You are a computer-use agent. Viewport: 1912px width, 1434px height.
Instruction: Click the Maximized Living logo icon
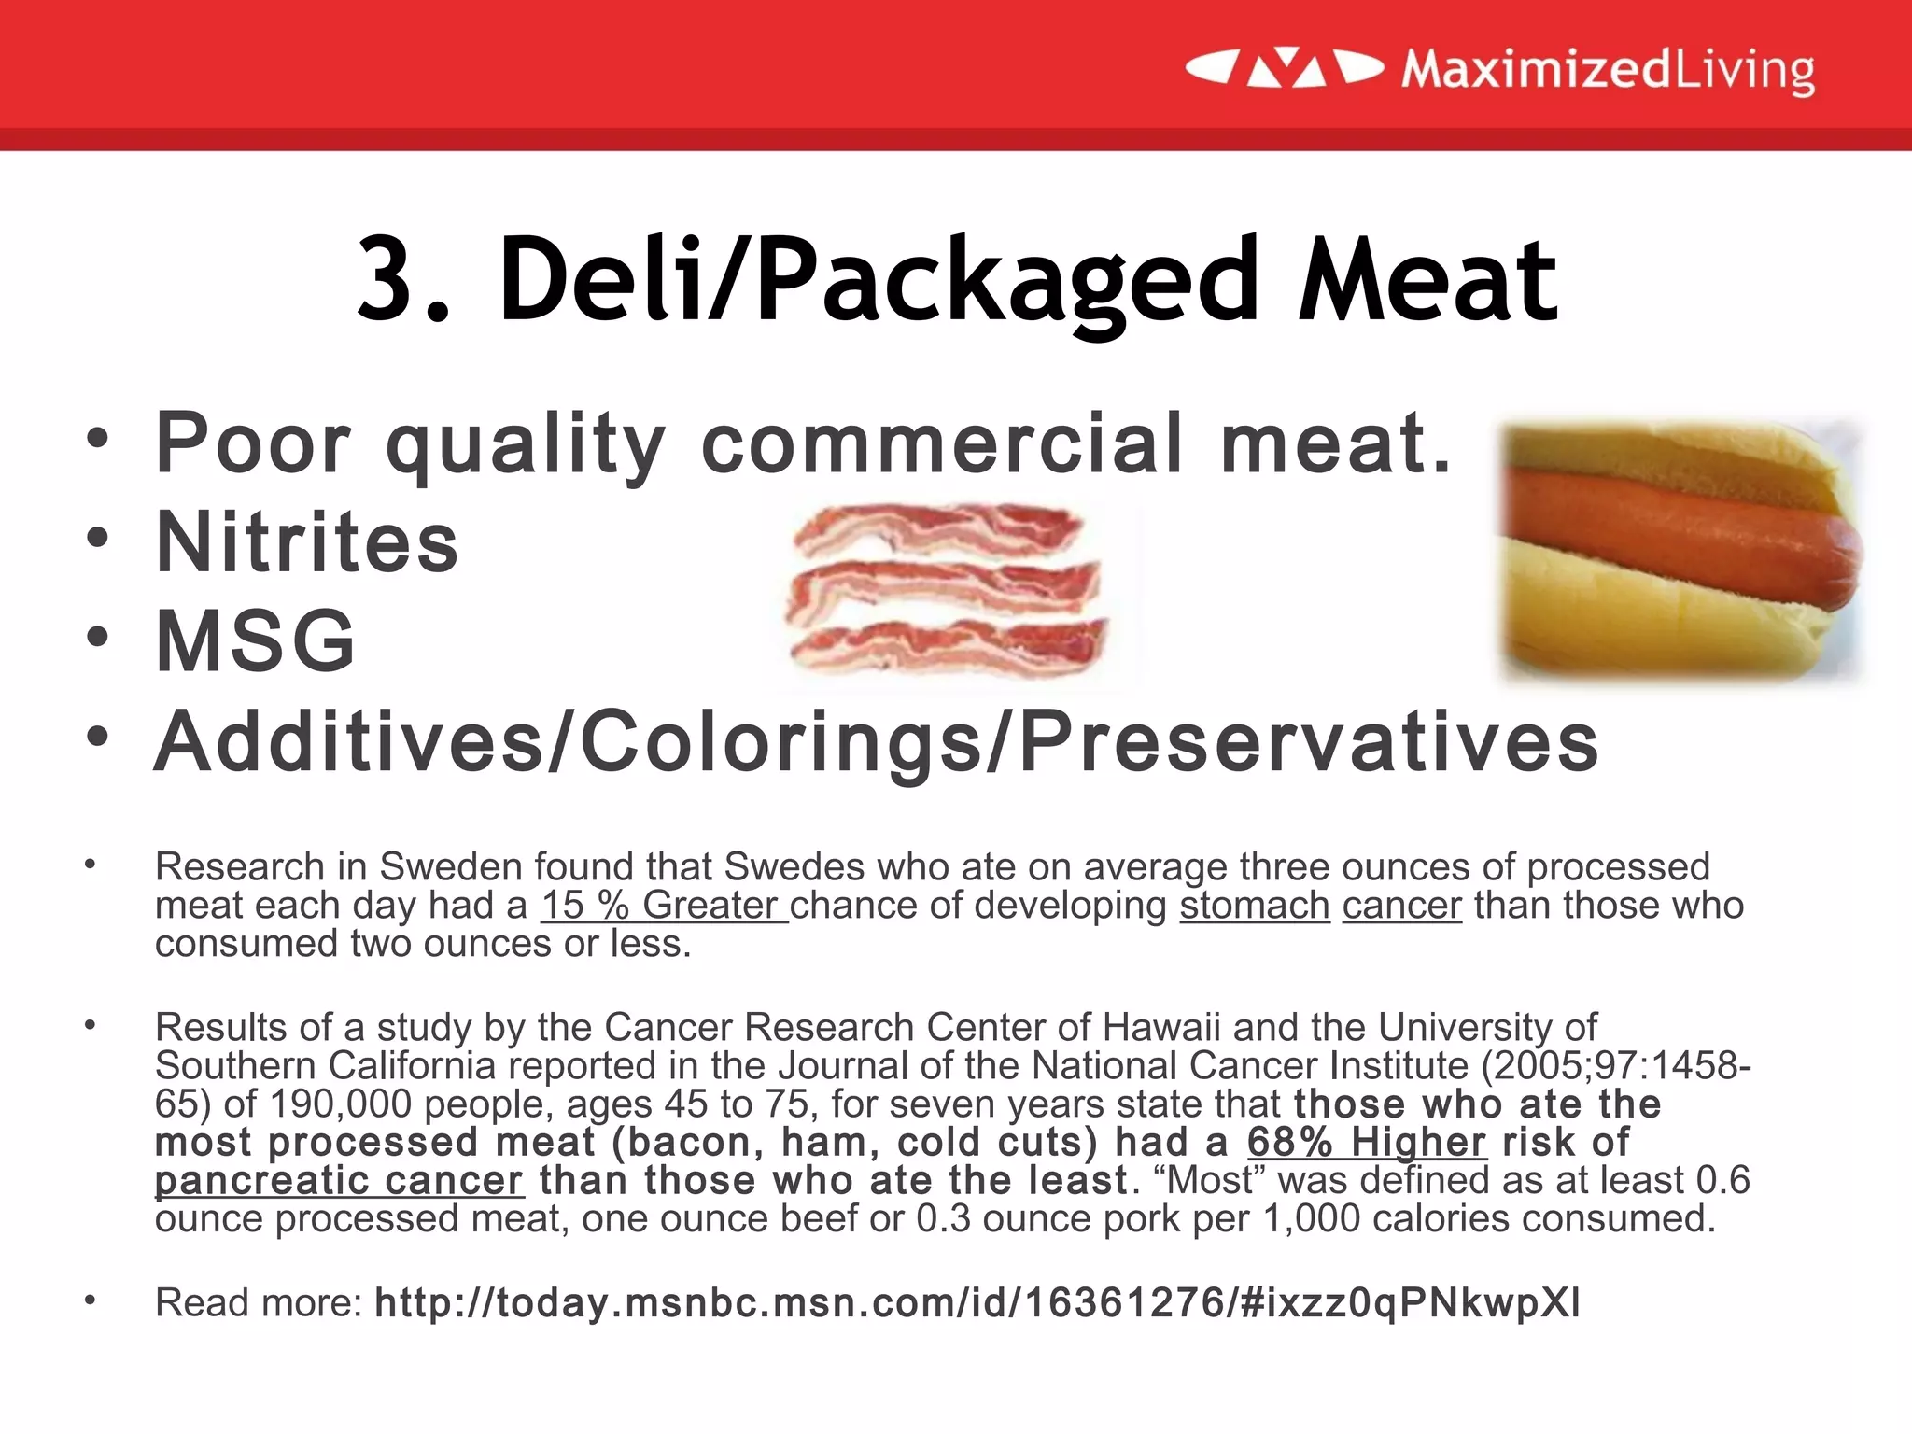1285,69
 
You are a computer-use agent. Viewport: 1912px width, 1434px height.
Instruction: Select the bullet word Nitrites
307,542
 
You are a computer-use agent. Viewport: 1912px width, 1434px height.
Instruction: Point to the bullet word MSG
256,641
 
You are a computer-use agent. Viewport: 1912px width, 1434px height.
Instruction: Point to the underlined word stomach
1254,906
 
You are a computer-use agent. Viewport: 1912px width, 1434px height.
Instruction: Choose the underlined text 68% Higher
1366,1142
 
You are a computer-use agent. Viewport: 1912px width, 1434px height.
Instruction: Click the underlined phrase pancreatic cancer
339,1180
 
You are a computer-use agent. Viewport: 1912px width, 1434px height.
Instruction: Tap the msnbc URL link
977,1302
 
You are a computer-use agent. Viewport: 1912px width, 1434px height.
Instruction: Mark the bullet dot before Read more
90,1300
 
